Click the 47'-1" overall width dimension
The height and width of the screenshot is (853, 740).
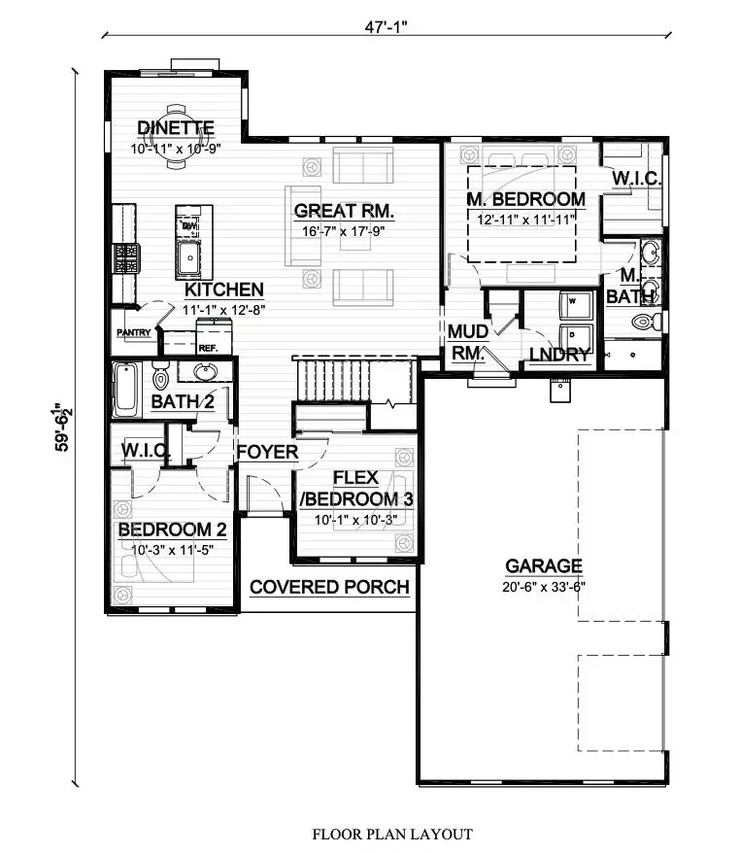point(386,26)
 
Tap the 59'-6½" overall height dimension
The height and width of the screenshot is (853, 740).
point(63,427)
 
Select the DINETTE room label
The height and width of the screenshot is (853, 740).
point(176,128)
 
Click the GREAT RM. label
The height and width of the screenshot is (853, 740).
point(344,211)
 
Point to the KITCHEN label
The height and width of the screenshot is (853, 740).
point(224,290)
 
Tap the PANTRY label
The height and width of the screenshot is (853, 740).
point(134,332)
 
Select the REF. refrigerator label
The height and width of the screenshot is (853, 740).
point(208,348)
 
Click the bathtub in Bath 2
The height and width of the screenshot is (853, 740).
point(126,390)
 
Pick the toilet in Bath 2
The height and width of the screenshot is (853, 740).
point(160,376)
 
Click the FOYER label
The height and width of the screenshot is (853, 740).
point(267,452)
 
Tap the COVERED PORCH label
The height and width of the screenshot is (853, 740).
point(329,587)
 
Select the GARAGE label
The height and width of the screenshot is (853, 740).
point(544,566)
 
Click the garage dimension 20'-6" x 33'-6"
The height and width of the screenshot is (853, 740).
point(544,587)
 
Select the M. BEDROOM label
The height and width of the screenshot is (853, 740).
point(525,200)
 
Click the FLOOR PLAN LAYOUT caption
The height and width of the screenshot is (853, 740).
point(392,834)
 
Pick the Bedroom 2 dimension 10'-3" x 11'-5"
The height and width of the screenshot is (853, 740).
point(172,550)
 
